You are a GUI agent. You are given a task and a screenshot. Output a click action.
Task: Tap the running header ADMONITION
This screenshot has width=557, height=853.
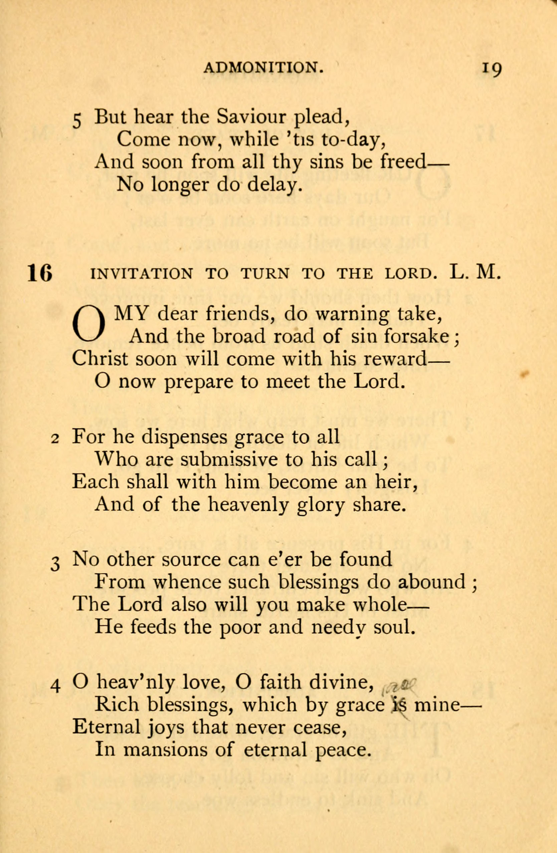point(263,67)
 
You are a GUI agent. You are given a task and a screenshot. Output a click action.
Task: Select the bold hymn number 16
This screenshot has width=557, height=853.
point(40,273)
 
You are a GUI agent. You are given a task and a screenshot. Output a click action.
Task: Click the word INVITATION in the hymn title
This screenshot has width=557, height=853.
point(141,274)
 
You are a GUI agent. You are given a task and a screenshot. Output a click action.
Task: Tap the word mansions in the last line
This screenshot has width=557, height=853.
point(165,750)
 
